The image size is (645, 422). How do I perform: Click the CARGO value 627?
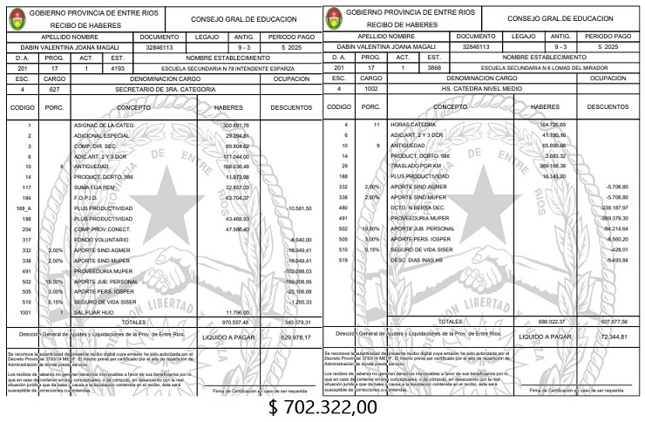coord(54,89)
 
